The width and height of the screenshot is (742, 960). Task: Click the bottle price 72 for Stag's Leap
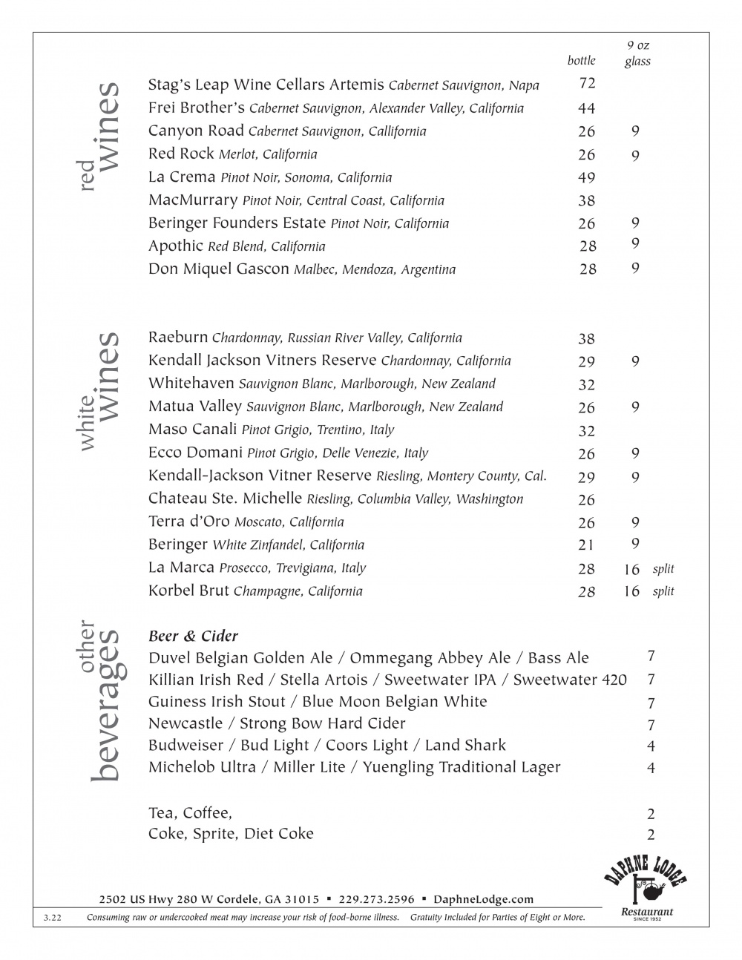point(587,83)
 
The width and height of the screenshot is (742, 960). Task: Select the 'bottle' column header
point(581,61)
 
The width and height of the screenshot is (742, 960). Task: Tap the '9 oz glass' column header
point(637,53)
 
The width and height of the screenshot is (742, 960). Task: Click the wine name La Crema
point(182,177)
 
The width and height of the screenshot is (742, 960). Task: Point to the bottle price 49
point(586,177)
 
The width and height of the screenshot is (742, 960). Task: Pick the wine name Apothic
point(175,246)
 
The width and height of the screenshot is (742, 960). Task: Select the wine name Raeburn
point(177,338)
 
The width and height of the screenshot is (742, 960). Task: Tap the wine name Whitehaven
point(191,384)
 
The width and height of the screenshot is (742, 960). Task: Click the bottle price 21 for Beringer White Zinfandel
point(586,545)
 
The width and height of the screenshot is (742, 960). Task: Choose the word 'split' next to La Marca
point(663,569)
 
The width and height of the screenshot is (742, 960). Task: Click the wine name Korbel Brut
point(188,591)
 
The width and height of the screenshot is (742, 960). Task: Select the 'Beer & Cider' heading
point(193,636)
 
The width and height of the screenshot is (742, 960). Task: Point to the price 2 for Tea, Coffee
point(651,814)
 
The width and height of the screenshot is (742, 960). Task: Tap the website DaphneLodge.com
point(483,899)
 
